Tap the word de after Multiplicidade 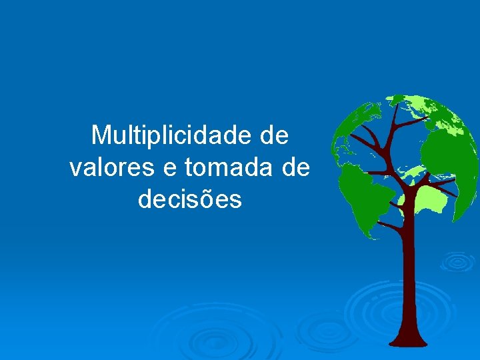[274, 135]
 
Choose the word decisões [190, 199]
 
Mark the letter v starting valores [75, 169]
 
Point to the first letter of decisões [145, 199]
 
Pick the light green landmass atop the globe [427, 110]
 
